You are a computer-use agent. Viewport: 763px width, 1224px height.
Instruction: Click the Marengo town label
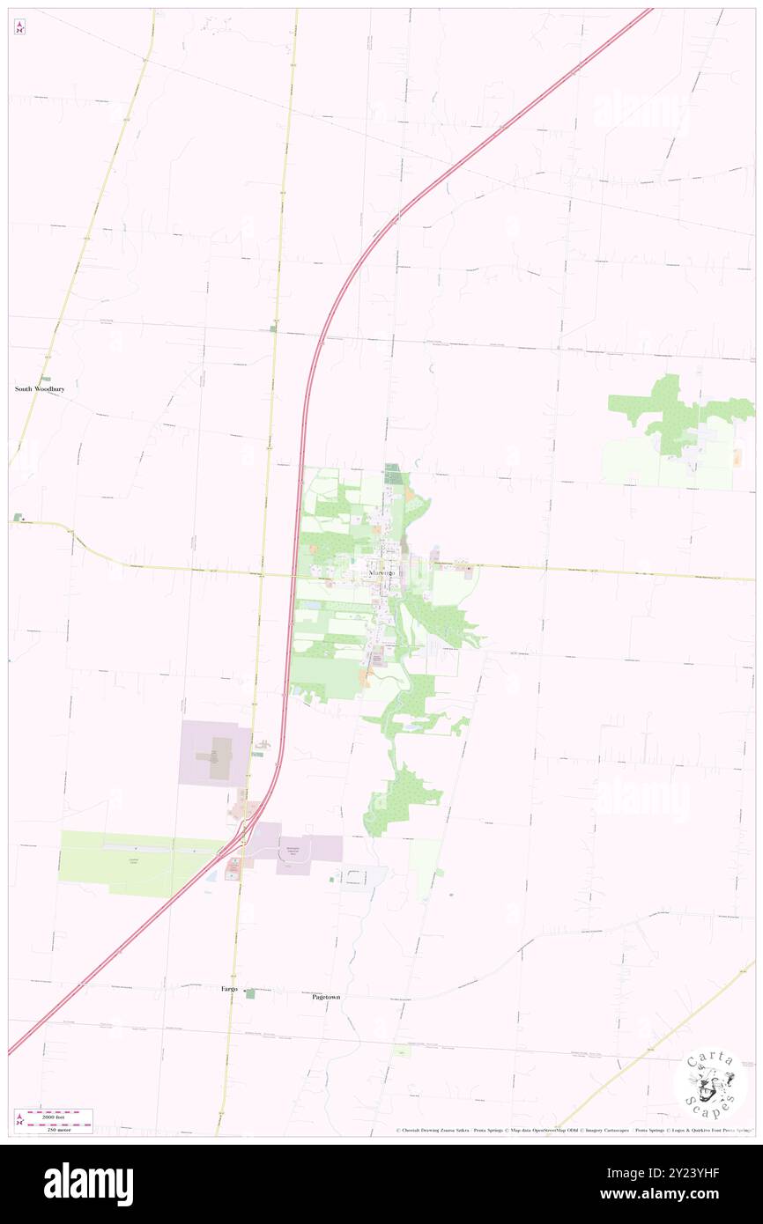pyautogui.click(x=382, y=573)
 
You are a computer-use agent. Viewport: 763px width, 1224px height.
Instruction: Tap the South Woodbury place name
pyautogui.click(x=40, y=388)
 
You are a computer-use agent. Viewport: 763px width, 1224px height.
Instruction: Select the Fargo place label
pyautogui.click(x=228, y=990)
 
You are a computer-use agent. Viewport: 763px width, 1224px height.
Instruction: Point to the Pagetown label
pyautogui.click(x=326, y=997)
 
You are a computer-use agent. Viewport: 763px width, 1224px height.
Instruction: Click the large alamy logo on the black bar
pyautogui.click(x=88, y=1183)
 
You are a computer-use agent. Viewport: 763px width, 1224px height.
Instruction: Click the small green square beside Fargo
pyautogui.click(x=250, y=993)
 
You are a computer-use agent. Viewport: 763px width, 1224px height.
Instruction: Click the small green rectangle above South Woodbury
pyautogui.click(x=45, y=379)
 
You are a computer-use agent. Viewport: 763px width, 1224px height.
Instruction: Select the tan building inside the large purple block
pyautogui.click(x=219, y=757)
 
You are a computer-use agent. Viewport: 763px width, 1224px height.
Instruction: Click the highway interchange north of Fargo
pyautogui.click(x=244, y=834)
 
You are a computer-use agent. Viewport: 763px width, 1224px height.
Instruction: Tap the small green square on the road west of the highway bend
pyautogui.click(x=272, y=328)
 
